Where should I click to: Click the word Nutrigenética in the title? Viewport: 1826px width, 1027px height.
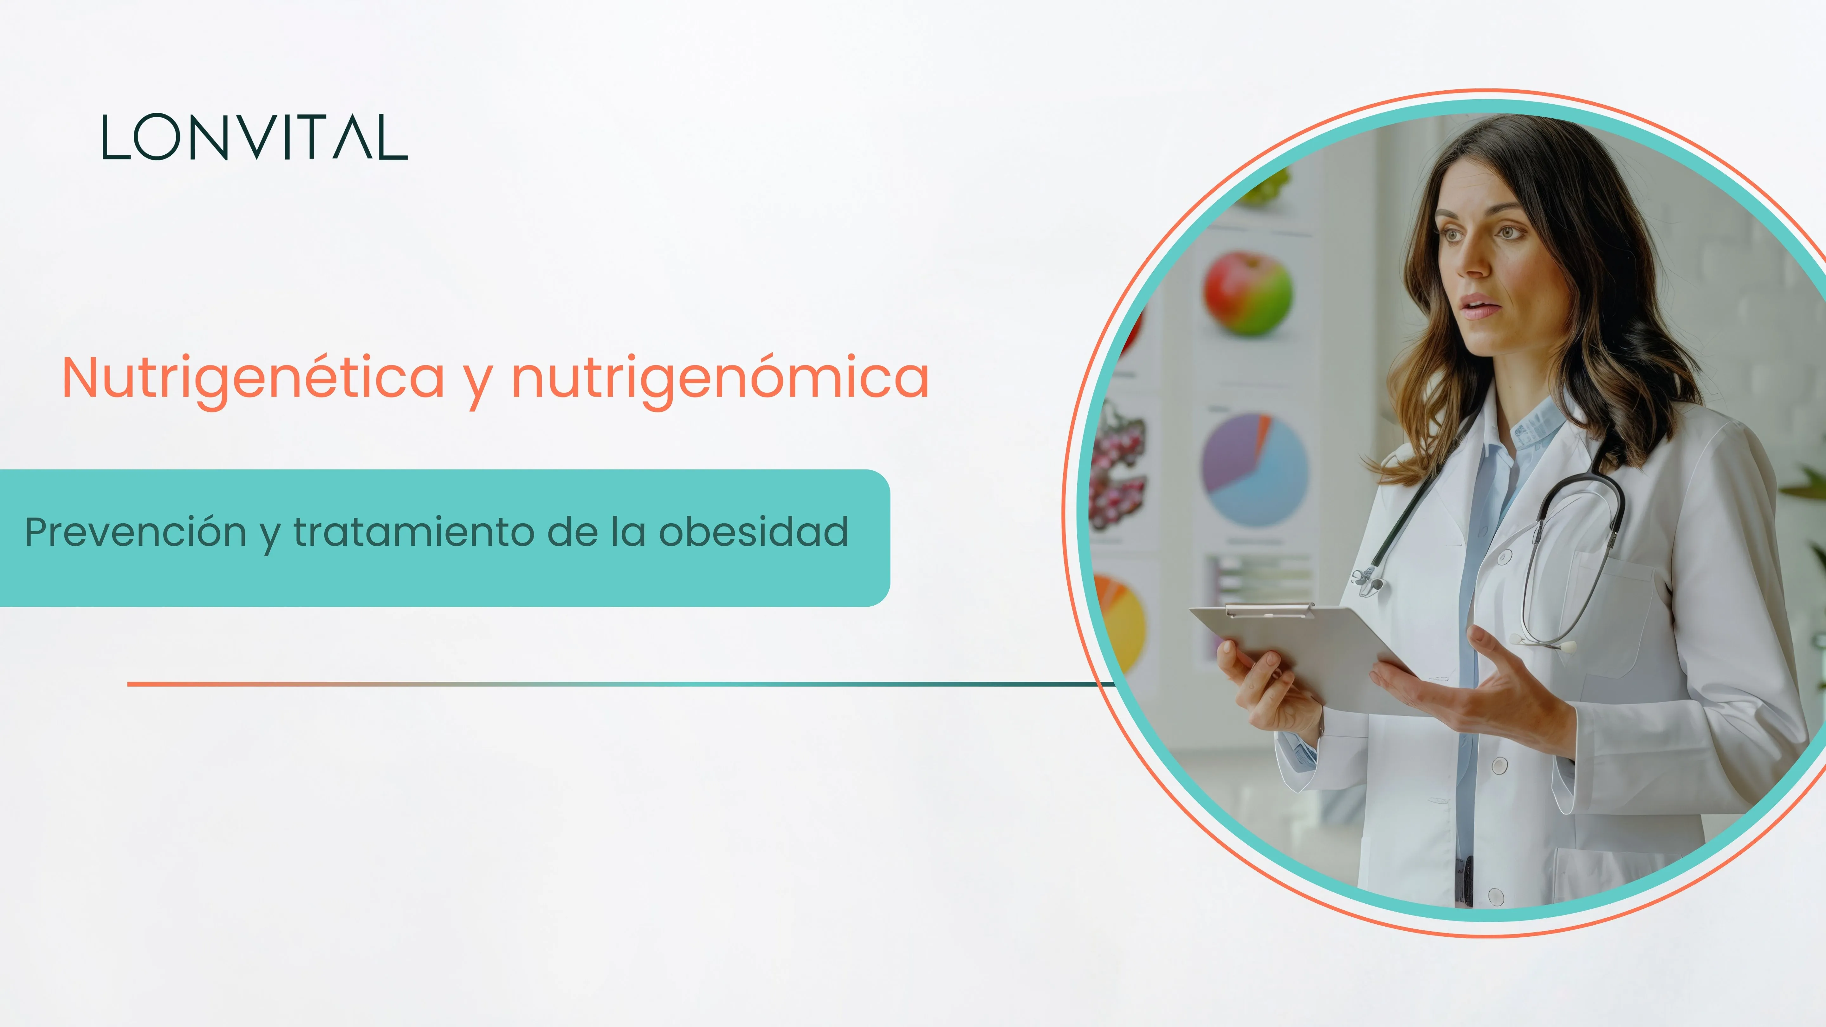[x=253, y=378]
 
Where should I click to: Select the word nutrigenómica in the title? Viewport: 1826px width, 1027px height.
[x=720, y=378]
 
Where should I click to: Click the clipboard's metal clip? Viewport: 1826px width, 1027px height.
[x=1269, y=610]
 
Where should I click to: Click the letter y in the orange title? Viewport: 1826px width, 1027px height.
[x=478, y=383]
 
